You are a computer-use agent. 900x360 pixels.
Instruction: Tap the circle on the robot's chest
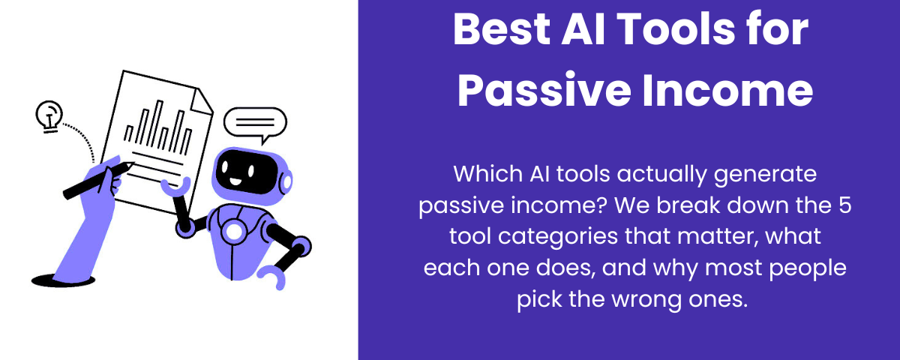click(x=235, y=232)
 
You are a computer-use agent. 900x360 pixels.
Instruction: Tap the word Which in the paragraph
click(x=481, y=175)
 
